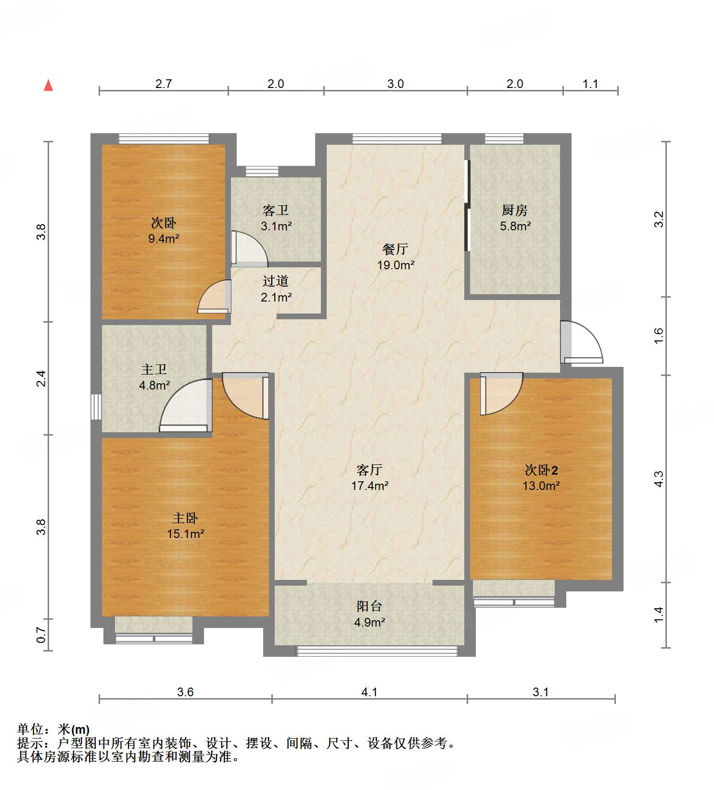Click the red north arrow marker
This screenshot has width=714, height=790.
pyautogui.click(x=48, y=86)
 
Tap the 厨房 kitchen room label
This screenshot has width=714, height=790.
pyautogui.click(x=514, y=210)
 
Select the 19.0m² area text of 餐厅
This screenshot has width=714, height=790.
pyautogui.click(x=395, y=265)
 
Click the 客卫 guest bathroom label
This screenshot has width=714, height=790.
pyautogui.click(x=276, y=210)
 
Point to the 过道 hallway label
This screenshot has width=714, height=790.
pyautogui.click(x=276, y=281)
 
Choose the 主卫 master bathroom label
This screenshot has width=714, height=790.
pyautogui.click(x=154, y=369)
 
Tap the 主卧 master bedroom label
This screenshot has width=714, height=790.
pyautogui.click(x=185, y=518)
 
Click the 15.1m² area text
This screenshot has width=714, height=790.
pyautogui.click(x=185, y=534)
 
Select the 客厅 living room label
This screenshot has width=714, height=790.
pyautogui.click(x=370, y=469)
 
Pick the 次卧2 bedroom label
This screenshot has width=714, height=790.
pyautogui.click(x=541, y=470)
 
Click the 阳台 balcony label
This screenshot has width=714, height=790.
pyautogui.click(x=370, y=606)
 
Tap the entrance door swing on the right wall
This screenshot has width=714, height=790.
pyautogui.click(x=582, y=342)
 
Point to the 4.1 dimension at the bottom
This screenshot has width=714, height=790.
pyautogui.click(x=369, y=692)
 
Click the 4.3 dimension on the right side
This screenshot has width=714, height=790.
pyautogui.click(x=659, y=479)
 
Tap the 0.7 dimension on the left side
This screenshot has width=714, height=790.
pyautogui.click(x=42, y=636)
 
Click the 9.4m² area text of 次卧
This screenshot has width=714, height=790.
pyautogui.click(x=164, y=238)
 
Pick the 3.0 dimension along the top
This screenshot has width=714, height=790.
pyautogui.click(x=395, y=84)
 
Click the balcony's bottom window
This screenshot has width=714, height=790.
pyautogui.click(x=377, y=651)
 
